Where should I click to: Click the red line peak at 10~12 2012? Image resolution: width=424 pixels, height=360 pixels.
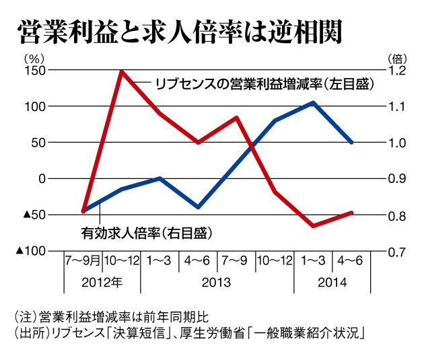point(122,71)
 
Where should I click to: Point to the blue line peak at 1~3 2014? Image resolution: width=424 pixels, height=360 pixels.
point(314,102)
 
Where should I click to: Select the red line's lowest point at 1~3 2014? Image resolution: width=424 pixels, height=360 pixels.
point(314,225)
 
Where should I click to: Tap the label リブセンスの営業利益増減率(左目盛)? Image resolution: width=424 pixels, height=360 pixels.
point(263,83)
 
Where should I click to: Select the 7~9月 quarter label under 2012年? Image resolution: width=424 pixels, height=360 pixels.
point(83,259)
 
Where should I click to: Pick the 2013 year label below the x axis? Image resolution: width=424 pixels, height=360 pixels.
point(217,282)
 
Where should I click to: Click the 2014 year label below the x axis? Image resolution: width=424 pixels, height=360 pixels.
point(332,282)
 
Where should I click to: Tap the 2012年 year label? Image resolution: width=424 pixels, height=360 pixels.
point(103,282)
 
